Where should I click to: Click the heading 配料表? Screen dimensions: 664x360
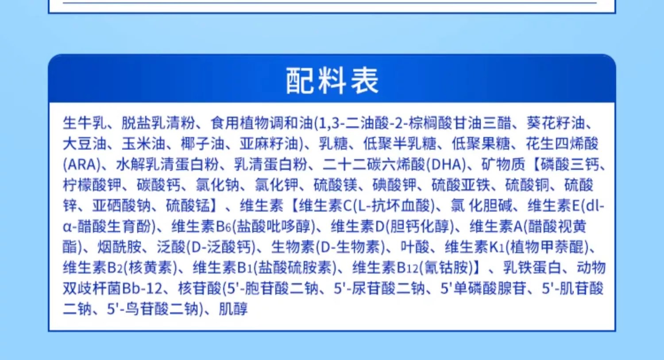[x=332, y=81]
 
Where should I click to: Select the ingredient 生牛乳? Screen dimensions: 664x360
[x=85, y=123]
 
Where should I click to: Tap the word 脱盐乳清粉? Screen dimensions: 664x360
[x=158, y=123]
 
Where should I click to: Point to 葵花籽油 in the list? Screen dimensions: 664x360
[x=556, y=123]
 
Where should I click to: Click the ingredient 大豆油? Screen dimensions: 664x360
[x=85, y=144]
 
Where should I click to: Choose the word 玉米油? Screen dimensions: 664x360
[x=143, y=144]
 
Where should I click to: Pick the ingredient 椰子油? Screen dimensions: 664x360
[x=202, y=144]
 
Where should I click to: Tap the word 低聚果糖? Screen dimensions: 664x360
[x=481, y=144]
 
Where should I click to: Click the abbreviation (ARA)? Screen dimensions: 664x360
[x=82, y=165]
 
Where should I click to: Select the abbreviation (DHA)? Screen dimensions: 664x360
[x=446, y=165]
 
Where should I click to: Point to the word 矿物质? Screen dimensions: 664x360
[x=503, y=165]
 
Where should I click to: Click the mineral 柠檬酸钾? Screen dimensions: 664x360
[x=92, y=186]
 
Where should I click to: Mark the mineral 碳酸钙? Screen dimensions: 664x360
[x=158, y=186]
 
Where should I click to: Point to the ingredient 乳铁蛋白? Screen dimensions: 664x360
[x=532, y=267]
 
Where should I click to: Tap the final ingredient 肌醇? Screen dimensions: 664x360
[x=233, y=309]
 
